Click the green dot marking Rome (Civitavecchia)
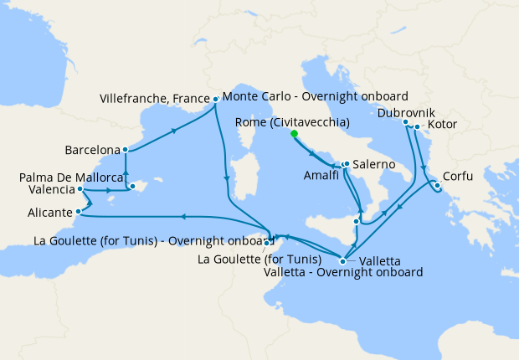coord(295,133)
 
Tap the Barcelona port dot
coord(126,151)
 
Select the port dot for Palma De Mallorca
coord(132,186)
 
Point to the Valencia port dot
coord(80,189)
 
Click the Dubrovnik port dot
coord(407,122)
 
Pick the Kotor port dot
coord(418,127)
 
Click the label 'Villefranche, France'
coord(154,99)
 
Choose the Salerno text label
coord(373,164)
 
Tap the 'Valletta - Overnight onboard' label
coord(342,272)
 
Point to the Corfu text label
coord(458,177)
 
